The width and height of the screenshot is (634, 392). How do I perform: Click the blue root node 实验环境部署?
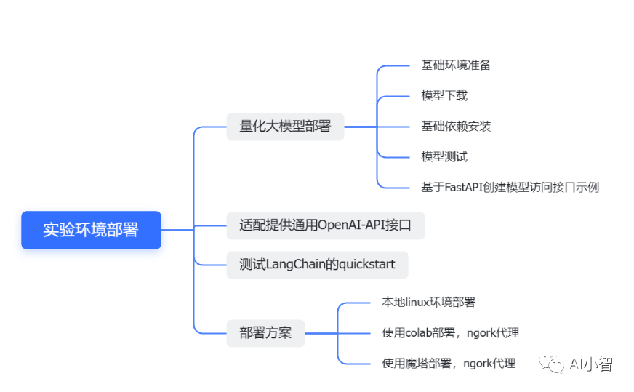coord(92,230)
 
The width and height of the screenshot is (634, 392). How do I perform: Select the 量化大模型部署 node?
coord(285,127)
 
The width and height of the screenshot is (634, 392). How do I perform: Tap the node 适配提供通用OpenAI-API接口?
coord(326,225)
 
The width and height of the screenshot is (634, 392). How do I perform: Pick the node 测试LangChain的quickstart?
coord(318,265)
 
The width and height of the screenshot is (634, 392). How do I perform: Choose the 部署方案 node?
coord(265,333)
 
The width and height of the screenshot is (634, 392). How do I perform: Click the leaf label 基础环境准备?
coord(456,65)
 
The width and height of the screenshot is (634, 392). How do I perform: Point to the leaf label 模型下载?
coord(444,96)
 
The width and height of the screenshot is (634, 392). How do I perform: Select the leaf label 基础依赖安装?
coord(456,127)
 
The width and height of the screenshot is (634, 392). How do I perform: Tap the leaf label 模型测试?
coord(444,157)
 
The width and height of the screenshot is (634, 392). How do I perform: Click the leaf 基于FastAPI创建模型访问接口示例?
coord(510,188)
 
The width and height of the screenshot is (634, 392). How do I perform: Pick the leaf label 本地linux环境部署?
coord(428,303)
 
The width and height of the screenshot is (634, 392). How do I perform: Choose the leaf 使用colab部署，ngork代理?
coord(451,333)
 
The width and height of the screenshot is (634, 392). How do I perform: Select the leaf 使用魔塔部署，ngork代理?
coord(449,364)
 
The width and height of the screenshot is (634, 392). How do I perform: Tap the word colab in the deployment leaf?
coord(419,333)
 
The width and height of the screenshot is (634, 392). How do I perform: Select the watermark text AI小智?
coord(590,364)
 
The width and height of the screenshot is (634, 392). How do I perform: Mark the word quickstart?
coord(366,265)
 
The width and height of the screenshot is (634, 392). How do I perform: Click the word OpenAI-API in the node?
coord(351,225)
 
